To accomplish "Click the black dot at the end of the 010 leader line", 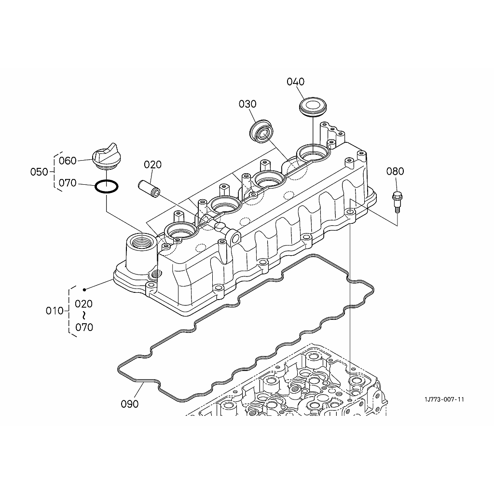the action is pyautogui.click(x=84, y=289).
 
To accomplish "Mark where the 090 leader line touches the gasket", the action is pyautogui.click(x=144, y=382).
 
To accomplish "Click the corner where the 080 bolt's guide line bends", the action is pyautogui.click(x=398, y=226).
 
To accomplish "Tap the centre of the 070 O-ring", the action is pyautogui.click(x=107, y=186).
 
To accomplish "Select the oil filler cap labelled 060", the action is pyautogui.click(x=106, y=156).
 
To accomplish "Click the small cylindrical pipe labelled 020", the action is pyautogui.click(x=149, y=188).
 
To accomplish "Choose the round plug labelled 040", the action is pyautogui.click(x=313, y=107).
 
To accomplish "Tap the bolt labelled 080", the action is pyautogui.click(x=397, y=202).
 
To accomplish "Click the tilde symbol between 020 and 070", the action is pyautogui.click(x=84, y=316).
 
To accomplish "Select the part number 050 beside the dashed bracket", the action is pyautogui.click(x=39, y=172).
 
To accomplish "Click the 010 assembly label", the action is pyautogui.click(x=55, y=311).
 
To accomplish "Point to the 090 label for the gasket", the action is pyautogui.click(x=130, y=404).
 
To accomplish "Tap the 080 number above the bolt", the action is pyautogui.click(x=395, y=171).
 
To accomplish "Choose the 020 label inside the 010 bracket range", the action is pyautogui.click(x=84, y=304).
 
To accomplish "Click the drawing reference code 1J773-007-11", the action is pyautogui.click(x=444, y=399).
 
